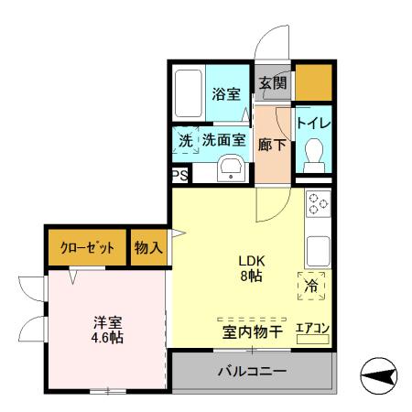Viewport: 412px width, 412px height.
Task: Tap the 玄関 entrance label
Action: click(x=272, y=83)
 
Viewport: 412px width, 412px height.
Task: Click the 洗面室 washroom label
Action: click(x=223, y=140)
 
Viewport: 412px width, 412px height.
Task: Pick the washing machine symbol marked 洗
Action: click(x=186, y=140)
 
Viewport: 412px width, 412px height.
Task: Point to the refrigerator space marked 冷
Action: click(x=310, y=285)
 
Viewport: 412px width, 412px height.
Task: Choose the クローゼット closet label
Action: click(x=87, y=248)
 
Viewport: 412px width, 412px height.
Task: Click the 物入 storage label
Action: click(x=147, y=247)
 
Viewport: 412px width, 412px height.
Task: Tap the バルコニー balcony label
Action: click(x=252, y=372)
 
